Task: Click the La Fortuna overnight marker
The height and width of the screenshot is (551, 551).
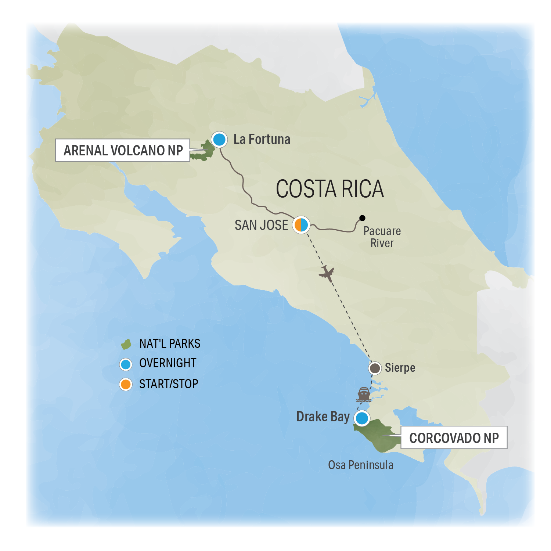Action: coord(219,140)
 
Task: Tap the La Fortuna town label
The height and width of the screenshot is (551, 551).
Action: coord(262,140)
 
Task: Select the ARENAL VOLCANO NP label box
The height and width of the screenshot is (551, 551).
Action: coord(123,150)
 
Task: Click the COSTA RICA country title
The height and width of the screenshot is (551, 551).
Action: coord(329,189)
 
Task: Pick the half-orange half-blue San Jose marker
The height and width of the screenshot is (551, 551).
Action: coord(301,224)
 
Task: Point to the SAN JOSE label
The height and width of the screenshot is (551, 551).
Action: coord(261,225)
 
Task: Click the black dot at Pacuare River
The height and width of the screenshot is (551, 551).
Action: coord(362,218)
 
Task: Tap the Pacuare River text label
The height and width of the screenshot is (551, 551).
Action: coord(382,237)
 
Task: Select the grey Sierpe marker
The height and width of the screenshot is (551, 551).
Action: coord(375,368)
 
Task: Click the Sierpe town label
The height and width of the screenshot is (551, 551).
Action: coord(400,368)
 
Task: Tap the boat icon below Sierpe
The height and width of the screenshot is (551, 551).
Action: coord(364,395)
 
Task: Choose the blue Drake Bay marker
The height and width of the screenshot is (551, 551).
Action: coord(362,418)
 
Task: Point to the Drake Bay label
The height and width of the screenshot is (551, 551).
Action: coord(323,417)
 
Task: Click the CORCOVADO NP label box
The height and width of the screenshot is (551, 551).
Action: coord(454,437)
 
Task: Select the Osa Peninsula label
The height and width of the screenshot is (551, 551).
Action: coord(360,465)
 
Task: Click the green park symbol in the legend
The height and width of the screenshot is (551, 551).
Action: coord(126,344)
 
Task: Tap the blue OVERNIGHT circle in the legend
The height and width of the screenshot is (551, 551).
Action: coord(126,364)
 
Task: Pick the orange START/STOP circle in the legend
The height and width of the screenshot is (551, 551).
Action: coord(126,384)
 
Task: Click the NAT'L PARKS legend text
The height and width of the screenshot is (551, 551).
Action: coord(170,344)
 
